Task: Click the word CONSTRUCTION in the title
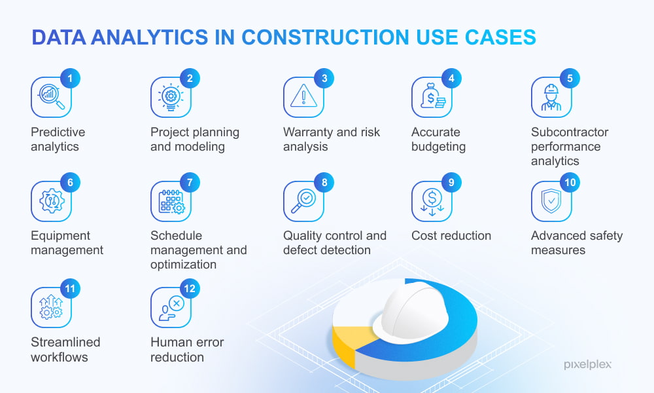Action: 325,37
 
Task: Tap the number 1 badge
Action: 70,78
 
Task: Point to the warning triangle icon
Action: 303,96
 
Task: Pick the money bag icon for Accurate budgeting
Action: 432,96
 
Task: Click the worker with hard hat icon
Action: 551,98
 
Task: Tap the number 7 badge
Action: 190,183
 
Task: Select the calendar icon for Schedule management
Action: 171,202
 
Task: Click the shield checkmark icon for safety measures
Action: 551,201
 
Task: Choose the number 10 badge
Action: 570,183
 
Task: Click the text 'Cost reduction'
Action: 451,236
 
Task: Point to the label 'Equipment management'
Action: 67,242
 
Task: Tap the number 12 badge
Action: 190,289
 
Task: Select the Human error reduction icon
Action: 171,309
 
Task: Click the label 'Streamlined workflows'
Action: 65,350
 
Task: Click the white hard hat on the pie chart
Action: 411,312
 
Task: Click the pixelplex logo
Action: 587,365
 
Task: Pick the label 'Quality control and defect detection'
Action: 334,242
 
